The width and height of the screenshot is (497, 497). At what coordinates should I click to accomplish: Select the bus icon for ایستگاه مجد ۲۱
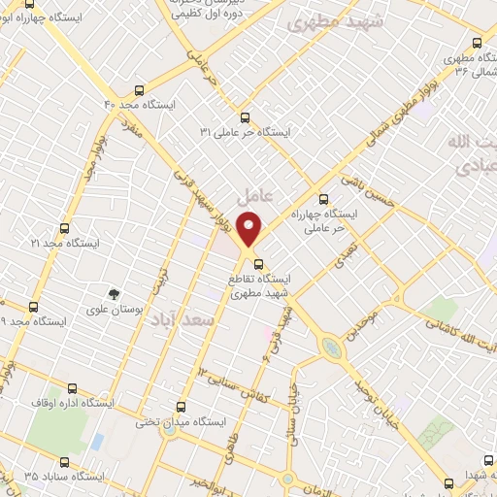click(64, 228)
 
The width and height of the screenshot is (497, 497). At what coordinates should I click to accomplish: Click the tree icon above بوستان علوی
click(116, 292)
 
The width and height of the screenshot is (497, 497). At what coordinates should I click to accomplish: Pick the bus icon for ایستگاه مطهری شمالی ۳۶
click(475, 44)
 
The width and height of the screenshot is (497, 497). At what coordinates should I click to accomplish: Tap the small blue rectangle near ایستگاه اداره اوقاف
click(97, 441)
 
